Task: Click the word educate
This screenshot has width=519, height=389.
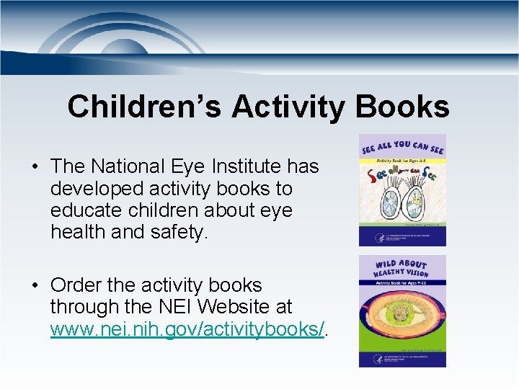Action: pos(86,211)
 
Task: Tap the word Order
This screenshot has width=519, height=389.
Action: pos(81,285)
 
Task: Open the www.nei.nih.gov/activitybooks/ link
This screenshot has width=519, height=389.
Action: pos(187,330)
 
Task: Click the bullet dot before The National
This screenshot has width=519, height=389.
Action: pos(35,167)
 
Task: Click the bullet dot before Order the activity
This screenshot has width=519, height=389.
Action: pos(35,286)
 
